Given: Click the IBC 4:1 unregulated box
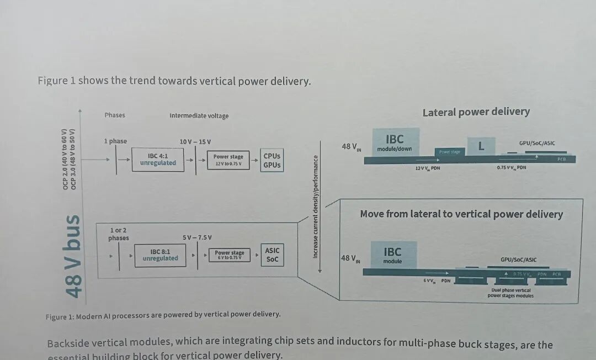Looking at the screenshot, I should pos(158,160).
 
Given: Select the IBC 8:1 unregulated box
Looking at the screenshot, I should pos(160,255).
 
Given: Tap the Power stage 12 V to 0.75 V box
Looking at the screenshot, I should pos(228,160).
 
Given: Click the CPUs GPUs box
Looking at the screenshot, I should pos(272,161).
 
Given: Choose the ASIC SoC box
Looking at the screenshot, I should pos(272,255).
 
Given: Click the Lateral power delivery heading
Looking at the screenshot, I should pos(476,112).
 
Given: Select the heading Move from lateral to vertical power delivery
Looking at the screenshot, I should pos(461,214).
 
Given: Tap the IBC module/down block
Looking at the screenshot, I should pos(395,142).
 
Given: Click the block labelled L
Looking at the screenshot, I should pos(481,146).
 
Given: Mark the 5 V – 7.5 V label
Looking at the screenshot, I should pos(197,237).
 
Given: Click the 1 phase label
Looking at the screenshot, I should pos(115,141).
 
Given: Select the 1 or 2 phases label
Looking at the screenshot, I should pos(118,234).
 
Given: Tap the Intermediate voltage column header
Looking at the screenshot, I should pos(199,116).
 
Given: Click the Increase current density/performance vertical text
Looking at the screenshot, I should pos(316,206).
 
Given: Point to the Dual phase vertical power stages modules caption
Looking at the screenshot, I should pos(510,293).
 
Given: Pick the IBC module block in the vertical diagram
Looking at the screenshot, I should pos(393,255).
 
